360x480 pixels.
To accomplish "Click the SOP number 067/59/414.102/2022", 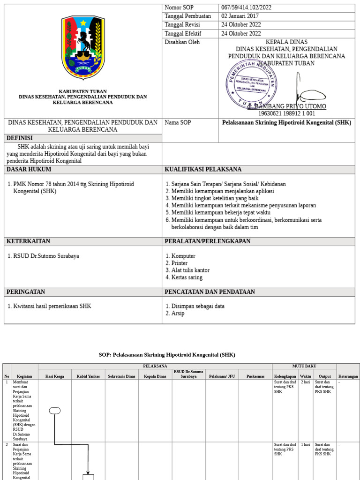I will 246,7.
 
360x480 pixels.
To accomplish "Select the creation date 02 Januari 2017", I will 241,16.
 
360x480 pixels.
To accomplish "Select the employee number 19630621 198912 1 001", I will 286,113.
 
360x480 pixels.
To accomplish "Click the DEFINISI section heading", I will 20,138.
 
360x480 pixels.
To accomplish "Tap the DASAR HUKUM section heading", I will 29,169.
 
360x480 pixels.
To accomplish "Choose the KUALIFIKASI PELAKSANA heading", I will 203,169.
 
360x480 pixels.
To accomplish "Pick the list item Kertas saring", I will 187,277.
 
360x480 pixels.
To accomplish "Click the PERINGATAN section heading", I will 26,292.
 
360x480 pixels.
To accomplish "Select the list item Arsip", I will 178,313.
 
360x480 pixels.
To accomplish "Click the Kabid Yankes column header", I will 88,376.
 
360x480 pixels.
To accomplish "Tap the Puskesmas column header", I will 255,376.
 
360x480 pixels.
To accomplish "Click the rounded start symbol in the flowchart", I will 55,411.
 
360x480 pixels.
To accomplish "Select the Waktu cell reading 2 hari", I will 305,382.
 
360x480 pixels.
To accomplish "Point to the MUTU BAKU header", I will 304,366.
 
